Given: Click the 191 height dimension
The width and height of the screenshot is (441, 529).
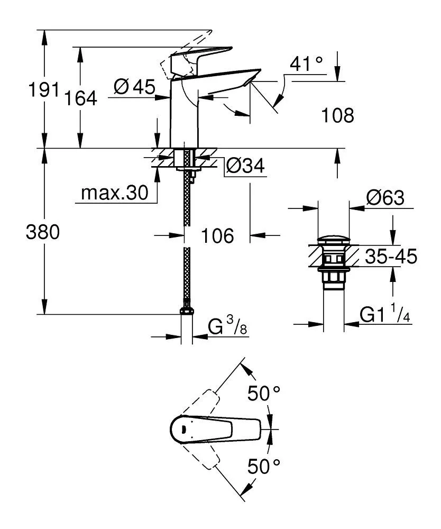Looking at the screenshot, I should (43, 91).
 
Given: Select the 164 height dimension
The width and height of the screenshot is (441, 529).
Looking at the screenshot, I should (81, 98).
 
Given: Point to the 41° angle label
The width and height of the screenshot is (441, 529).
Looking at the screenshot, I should (306, 64).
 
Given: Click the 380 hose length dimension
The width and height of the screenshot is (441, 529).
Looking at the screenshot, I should (43, 232).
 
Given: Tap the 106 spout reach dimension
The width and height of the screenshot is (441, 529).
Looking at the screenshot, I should (217, 236).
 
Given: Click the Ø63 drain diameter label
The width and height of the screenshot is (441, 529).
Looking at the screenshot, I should (385, 198).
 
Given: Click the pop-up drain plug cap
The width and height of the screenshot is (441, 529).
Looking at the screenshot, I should (333, 241).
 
